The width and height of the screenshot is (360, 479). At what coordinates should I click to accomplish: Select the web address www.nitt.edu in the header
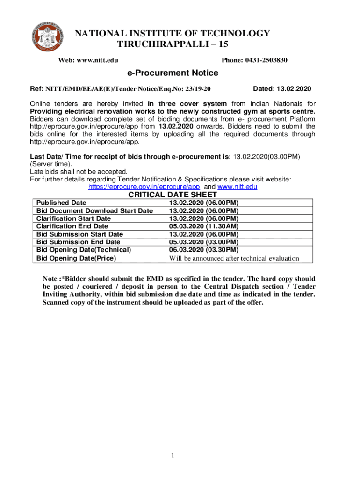pyautogui.click(x=97, y=60)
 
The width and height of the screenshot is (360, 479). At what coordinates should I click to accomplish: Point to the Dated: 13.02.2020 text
pyautogui.click(x=282, y=88)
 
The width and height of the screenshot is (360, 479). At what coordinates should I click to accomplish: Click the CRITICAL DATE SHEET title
pyautogui.click(x=173, y=195)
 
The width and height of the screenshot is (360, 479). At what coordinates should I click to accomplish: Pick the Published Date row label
pyautogui.click(x=61, y=203)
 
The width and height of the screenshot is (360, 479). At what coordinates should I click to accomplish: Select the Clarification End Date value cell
pyautogui.click(x=204, y=226)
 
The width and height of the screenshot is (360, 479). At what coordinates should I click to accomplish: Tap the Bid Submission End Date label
pyautogui.click(x=78, y=242)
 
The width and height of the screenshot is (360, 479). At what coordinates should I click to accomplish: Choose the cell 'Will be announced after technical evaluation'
pyautogui.click(x=234, y=258)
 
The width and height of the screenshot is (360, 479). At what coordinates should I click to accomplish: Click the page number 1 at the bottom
pyautogui.click(x=173, y=456)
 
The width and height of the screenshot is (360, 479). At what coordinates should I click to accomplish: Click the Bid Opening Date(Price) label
pyautogui.click(x=76, y=258)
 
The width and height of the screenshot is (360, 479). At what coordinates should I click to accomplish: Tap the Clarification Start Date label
pyautogui.click(x=73, y=218)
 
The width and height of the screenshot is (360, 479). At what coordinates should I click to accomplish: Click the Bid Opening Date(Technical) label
pyautogui.click(x=84, y=250)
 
